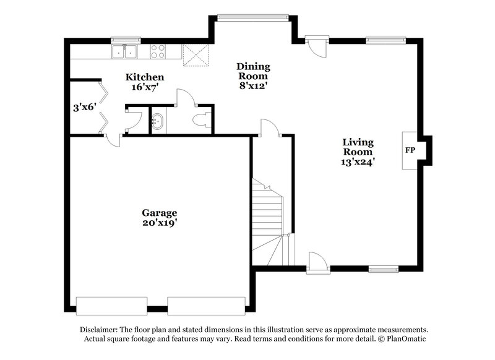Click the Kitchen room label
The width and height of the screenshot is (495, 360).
click(145, 77)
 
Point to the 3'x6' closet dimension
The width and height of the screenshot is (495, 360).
click(83, 107)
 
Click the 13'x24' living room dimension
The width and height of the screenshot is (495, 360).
click(358, 161)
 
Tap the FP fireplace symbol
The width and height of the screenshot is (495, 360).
click(410, 150)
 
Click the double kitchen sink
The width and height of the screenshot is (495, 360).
click(125, 51)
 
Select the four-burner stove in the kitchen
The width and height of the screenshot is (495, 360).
click(158, 51)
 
